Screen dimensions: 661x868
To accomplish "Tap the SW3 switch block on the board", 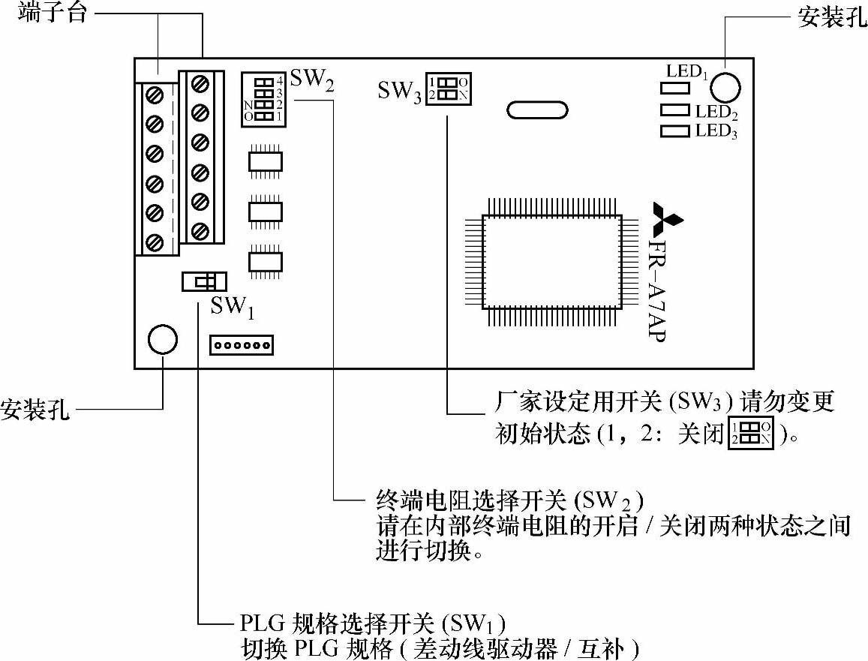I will click(x=448, y=89).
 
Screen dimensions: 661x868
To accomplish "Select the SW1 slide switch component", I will click(x=203, y=281).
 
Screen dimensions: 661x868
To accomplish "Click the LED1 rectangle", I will click(x=674, y=88).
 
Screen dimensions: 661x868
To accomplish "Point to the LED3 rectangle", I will click(x=674, y=131).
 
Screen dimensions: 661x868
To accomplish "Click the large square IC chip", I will click(x=552, y=260).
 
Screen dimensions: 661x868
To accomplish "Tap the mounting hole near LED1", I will click(x=725, y=88).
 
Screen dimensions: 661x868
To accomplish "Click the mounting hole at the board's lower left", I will click(x=163, y=340).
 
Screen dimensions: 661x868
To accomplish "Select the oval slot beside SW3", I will click(x=536, y=110).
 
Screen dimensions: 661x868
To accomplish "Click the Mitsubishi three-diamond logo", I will click(x=667, y=218).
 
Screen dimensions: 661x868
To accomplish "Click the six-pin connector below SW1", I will click(x=242, y=345).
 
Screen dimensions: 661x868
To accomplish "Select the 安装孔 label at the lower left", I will click(x=36, y=410).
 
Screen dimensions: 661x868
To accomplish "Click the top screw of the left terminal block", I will click(x=155, y=95).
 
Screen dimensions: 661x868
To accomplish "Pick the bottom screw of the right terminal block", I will click(x=200, y=230).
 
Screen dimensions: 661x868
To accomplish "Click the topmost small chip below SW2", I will click(x=265, y=161).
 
